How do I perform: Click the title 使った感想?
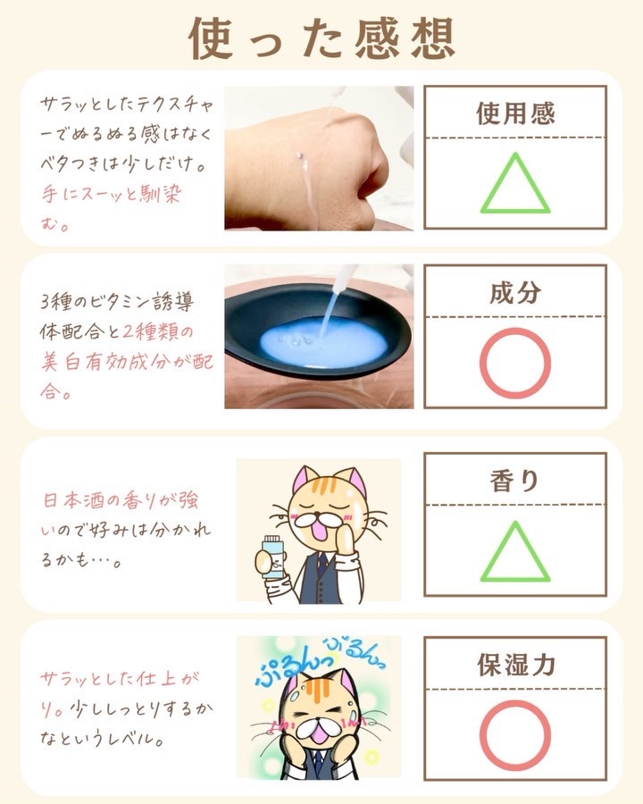click(322, 38)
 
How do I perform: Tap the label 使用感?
click(515, 113)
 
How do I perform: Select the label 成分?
click(515, 293)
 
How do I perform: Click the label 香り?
click(514, 482)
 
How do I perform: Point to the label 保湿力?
click(516, 665)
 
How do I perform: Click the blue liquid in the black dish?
click(323, 342)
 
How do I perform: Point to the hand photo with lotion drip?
click(319, 158)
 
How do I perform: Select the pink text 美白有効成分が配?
click(127, 363)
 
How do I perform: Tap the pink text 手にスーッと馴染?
click(112, 195)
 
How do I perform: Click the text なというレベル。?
click(103, 739)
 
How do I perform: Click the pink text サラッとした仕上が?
click(120, 679)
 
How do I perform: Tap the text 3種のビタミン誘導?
click(117, 302)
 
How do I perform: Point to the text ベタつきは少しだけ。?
click(123, 163)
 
